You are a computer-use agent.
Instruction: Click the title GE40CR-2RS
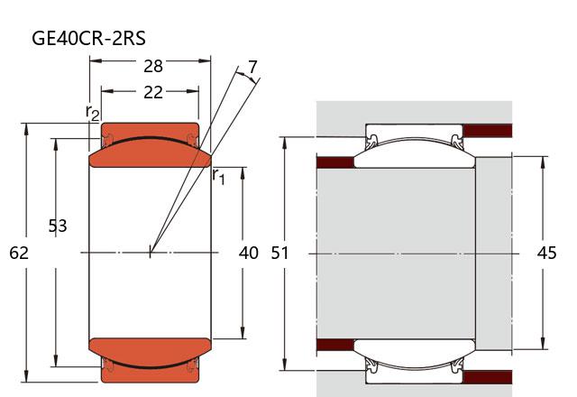point(88,38)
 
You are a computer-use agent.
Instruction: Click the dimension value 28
point(152,66)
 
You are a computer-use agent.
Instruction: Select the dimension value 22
point(152,92)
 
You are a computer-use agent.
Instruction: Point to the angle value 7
point(252,67)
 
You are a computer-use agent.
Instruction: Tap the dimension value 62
point(19,253)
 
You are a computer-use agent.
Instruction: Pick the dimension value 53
point(58,226)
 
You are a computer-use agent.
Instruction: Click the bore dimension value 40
point(249,253)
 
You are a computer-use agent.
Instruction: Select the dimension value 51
point(280,253)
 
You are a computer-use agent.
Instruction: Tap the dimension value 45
point(547,253)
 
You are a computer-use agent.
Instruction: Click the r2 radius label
point(92,113)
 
